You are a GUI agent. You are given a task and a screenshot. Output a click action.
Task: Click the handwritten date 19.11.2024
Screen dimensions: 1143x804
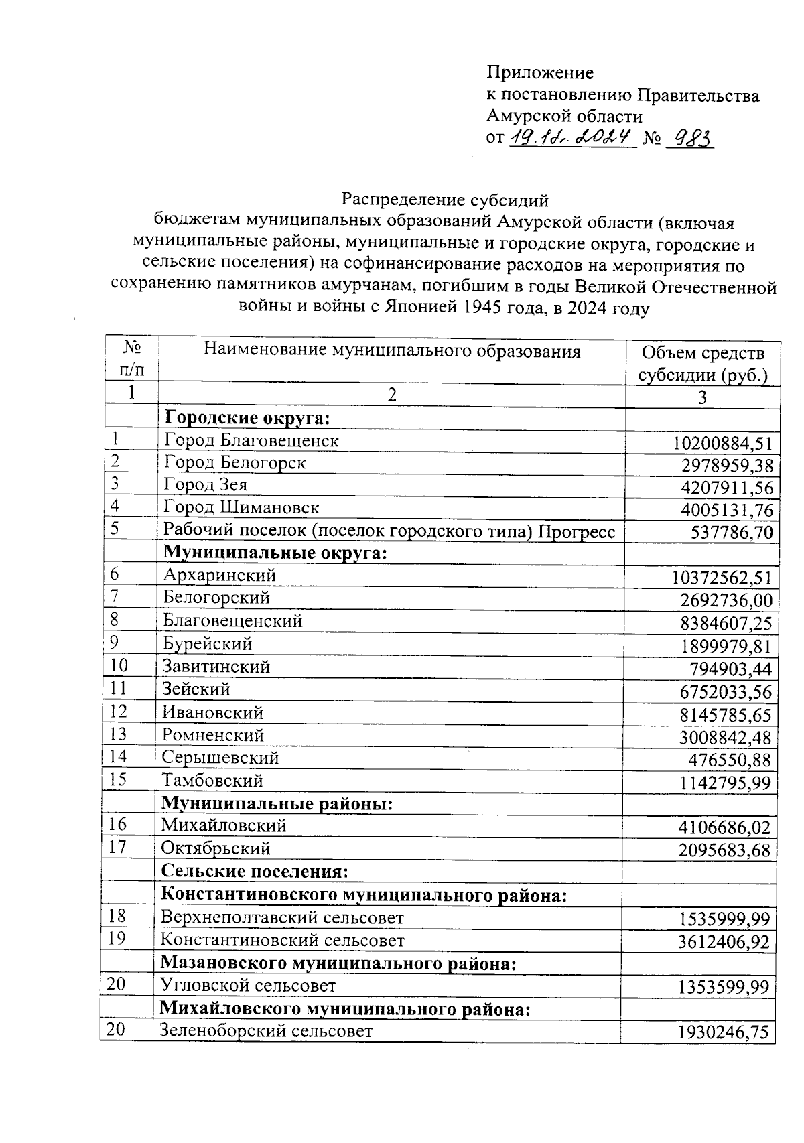(x=572, y=138)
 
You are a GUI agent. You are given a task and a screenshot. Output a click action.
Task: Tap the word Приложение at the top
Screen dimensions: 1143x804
(x=539, y=72)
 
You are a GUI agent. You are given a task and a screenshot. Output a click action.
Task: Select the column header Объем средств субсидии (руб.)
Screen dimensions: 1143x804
(x=702, y=364)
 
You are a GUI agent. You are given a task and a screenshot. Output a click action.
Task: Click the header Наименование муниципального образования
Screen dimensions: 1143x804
(x=392, y=351)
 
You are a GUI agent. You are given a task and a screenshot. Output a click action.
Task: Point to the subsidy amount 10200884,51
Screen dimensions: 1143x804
(x=722, y=443)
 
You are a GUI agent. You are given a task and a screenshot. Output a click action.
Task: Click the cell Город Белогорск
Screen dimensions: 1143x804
(x=234, y=463)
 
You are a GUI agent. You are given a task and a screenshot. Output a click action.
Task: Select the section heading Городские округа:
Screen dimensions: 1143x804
(x=247, y=419)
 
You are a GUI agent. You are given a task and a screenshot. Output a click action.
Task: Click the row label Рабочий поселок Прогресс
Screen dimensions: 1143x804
(x=389, y=532)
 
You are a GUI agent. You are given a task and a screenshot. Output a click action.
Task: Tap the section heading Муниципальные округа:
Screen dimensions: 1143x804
(x=275, y=553)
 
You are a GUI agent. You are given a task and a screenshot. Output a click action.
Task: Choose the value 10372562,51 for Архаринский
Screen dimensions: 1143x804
(x=721, y=578)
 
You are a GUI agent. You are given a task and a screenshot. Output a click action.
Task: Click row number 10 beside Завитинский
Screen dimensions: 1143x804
(x=119, y=666)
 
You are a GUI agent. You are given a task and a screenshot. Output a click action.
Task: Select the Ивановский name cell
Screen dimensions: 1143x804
(x=212, y=713)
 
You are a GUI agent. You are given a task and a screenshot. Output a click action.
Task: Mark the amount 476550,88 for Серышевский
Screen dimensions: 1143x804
(x=729, y=760)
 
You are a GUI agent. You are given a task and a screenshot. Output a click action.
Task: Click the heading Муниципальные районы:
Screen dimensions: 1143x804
(x=276, y=803)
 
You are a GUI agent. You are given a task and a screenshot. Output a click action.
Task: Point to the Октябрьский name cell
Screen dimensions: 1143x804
(x=216, y=848)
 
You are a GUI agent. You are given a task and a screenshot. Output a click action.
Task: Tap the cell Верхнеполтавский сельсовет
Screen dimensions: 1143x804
(x=282, y=917)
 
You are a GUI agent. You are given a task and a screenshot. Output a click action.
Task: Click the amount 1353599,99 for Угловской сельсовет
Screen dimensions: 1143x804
(x=722, y=987)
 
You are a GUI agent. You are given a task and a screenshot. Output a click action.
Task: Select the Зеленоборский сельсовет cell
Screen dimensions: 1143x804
(x=266, y=1030)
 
